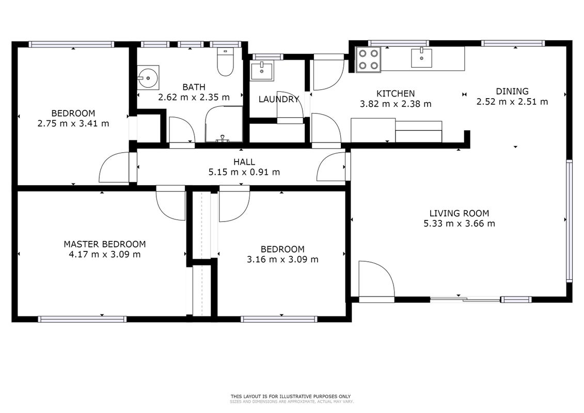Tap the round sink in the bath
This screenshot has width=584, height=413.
148,78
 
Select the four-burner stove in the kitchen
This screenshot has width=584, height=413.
368,59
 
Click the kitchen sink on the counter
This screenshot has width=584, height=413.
422,58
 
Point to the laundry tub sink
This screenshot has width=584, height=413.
262,71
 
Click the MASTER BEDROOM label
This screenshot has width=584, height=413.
105,244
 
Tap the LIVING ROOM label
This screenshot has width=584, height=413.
459,213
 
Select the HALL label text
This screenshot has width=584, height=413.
244,162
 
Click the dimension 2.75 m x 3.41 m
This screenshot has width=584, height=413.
73,123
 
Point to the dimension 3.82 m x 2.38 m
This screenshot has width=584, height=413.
396,104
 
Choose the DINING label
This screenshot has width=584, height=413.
512,91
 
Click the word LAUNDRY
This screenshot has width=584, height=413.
279,100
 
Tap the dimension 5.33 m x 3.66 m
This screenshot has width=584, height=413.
459,224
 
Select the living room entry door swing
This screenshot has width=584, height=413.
376,279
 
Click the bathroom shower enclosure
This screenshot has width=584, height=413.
224,124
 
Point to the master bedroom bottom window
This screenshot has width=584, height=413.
82,319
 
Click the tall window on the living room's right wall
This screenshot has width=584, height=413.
569,220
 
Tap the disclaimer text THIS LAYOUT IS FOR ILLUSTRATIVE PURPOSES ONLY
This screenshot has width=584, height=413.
291,396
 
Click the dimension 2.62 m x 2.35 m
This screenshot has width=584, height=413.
194,98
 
